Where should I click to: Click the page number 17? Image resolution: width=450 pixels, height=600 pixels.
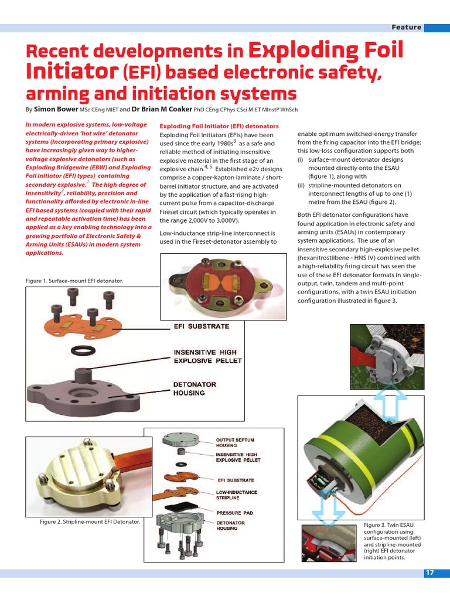tap(430, 573)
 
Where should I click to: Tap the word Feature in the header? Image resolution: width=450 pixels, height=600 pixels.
tap(407, 28)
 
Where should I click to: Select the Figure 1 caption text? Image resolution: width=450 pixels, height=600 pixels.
tap(74, 281)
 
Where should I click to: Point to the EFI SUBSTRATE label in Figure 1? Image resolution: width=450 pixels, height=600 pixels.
tap(201, 326)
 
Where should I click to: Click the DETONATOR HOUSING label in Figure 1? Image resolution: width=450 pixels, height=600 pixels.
tap(195, 388)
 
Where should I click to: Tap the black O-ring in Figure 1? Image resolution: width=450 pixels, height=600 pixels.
tap(84, 350)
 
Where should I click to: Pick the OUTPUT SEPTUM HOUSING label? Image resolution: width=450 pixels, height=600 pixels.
tap(236, 442)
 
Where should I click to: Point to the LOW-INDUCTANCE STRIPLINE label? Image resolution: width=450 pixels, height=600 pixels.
tap(237, 495)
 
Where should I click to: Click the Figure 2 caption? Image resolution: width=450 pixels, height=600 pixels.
tap(90, 521)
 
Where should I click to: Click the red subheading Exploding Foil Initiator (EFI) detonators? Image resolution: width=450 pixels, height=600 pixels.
tap(219, 126)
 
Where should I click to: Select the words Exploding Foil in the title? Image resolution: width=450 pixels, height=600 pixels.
tap(326, 50)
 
